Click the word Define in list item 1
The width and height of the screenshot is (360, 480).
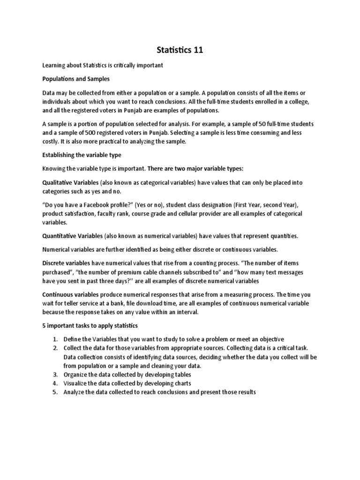coord(73,339)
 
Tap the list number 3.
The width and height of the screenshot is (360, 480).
coord(54,375)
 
